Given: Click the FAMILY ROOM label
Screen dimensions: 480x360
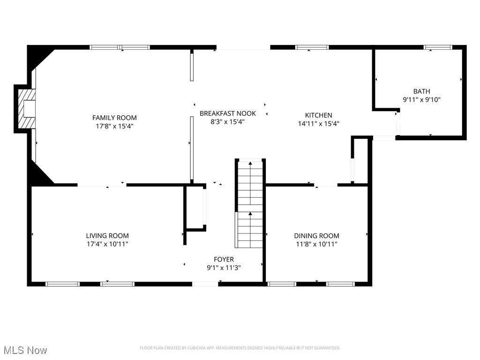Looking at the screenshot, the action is tap(114, 118).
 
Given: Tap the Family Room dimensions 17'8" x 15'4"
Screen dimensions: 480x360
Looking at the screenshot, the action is tap(114, 126).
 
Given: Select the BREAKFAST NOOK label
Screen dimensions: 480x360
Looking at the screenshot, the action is tap(228, 113).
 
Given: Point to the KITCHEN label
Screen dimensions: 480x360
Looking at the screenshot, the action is tap(318, 115).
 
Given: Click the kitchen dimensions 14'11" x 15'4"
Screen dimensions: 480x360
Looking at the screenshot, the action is tap(319, 124).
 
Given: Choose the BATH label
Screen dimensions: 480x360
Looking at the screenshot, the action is tap(421, 91).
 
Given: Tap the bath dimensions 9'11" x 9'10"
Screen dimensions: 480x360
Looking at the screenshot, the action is tap(421, 99).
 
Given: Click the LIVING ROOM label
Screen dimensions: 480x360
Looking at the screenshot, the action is tap(107, 236).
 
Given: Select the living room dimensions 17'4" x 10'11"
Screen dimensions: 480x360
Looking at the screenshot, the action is tap(107, 244).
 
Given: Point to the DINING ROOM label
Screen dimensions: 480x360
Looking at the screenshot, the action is tap(316, 236).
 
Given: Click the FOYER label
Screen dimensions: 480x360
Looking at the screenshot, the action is tap(224, 259).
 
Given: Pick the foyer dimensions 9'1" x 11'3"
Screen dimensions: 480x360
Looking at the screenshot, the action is tap(224, 268).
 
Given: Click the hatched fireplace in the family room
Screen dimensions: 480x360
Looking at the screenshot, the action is tap(27, 109).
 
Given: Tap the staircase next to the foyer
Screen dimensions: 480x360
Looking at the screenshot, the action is tap(250, 203).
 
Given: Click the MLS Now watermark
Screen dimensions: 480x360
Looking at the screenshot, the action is tap(25, 350).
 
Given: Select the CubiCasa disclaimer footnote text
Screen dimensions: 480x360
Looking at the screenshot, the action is tap(240, 348).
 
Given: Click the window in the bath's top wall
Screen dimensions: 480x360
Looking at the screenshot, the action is tap(438, 47).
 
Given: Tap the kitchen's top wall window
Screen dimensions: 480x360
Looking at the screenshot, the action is tap(312, 47).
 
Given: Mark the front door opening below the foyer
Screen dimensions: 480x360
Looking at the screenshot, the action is tap(205, 284).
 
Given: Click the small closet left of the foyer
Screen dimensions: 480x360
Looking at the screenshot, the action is tap(195, 207).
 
